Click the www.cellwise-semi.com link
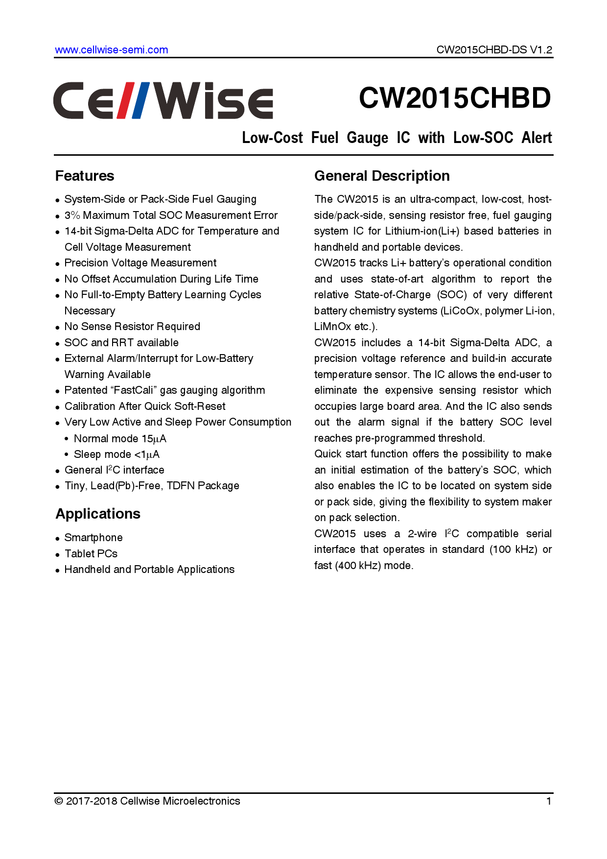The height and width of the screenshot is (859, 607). (x=111, y=50)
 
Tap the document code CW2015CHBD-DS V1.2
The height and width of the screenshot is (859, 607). (x=494, y=50)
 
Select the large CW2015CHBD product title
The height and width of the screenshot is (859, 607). (x=455, y=98)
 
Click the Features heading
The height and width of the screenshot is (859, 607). (x=85, y=176)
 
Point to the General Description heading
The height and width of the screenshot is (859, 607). (x=382, y=176)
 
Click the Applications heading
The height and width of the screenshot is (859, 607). (x=98, y=514)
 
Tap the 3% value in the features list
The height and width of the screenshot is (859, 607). (x=72, y=215)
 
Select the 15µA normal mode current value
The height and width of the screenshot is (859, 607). (x=154, y=439)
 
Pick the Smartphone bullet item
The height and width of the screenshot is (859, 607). (x=93, y=538)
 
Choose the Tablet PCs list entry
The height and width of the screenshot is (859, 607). (x=91, y=554)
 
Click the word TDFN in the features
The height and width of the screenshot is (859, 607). (x=181, y=486)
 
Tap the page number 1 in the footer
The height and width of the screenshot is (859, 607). (x=549, y=801)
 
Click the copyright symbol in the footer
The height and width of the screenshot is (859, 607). (x=59, y=801)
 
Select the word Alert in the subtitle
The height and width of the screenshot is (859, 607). (x=537, y=138)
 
